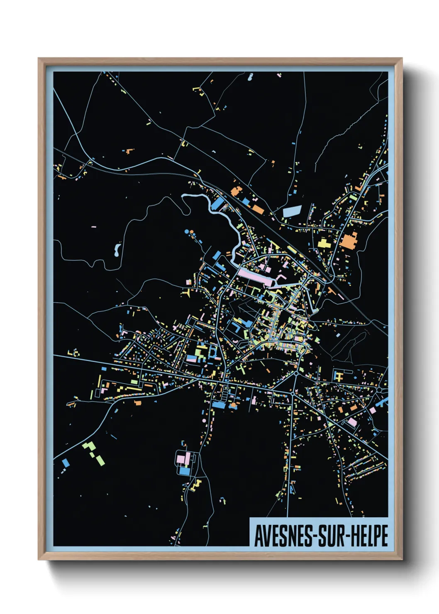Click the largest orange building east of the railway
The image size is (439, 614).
(x=349, y=241)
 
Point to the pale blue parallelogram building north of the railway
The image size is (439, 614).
(x=292, y=211)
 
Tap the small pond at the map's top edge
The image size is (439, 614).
(x=250, y=77)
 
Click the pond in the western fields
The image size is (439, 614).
(x=117, y=249)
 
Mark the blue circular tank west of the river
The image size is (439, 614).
(x=187, y=231)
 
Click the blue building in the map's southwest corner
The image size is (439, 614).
(x=65, y=462)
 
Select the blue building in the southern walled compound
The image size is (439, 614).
(x=184, y=471)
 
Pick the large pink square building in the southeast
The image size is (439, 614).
(x=352, y=422)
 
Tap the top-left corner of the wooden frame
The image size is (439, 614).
(x=39, y=59)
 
